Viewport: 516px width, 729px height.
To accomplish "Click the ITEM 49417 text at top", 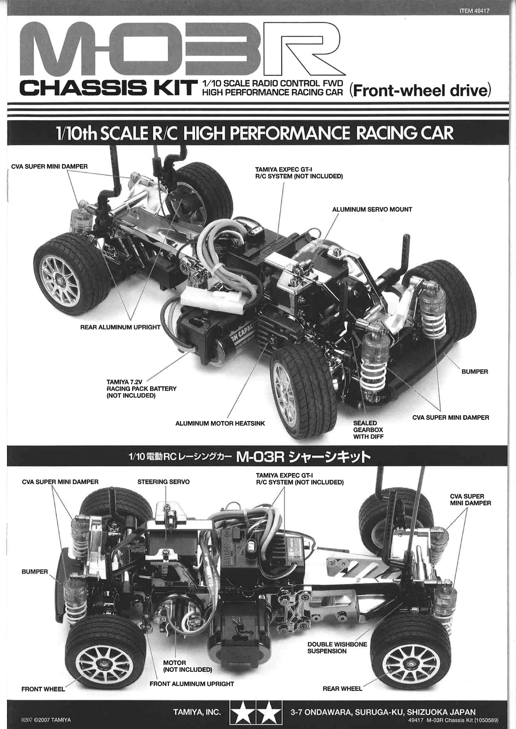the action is pos(474,11).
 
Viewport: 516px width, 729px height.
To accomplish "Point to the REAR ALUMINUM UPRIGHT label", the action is pos(120,327).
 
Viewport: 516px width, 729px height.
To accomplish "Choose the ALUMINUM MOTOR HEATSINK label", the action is pos(220,423).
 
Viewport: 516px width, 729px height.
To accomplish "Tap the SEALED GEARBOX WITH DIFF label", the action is pos(368,430).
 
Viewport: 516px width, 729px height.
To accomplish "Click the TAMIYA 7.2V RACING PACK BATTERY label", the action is pos(141,389).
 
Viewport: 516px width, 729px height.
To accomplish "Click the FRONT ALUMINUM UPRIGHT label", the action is pos(191,684).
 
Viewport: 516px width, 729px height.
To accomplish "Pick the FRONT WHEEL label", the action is pos(43,689).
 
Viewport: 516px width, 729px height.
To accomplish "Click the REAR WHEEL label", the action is pos(342,689).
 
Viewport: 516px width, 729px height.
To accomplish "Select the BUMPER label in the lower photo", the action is pos(35,571).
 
